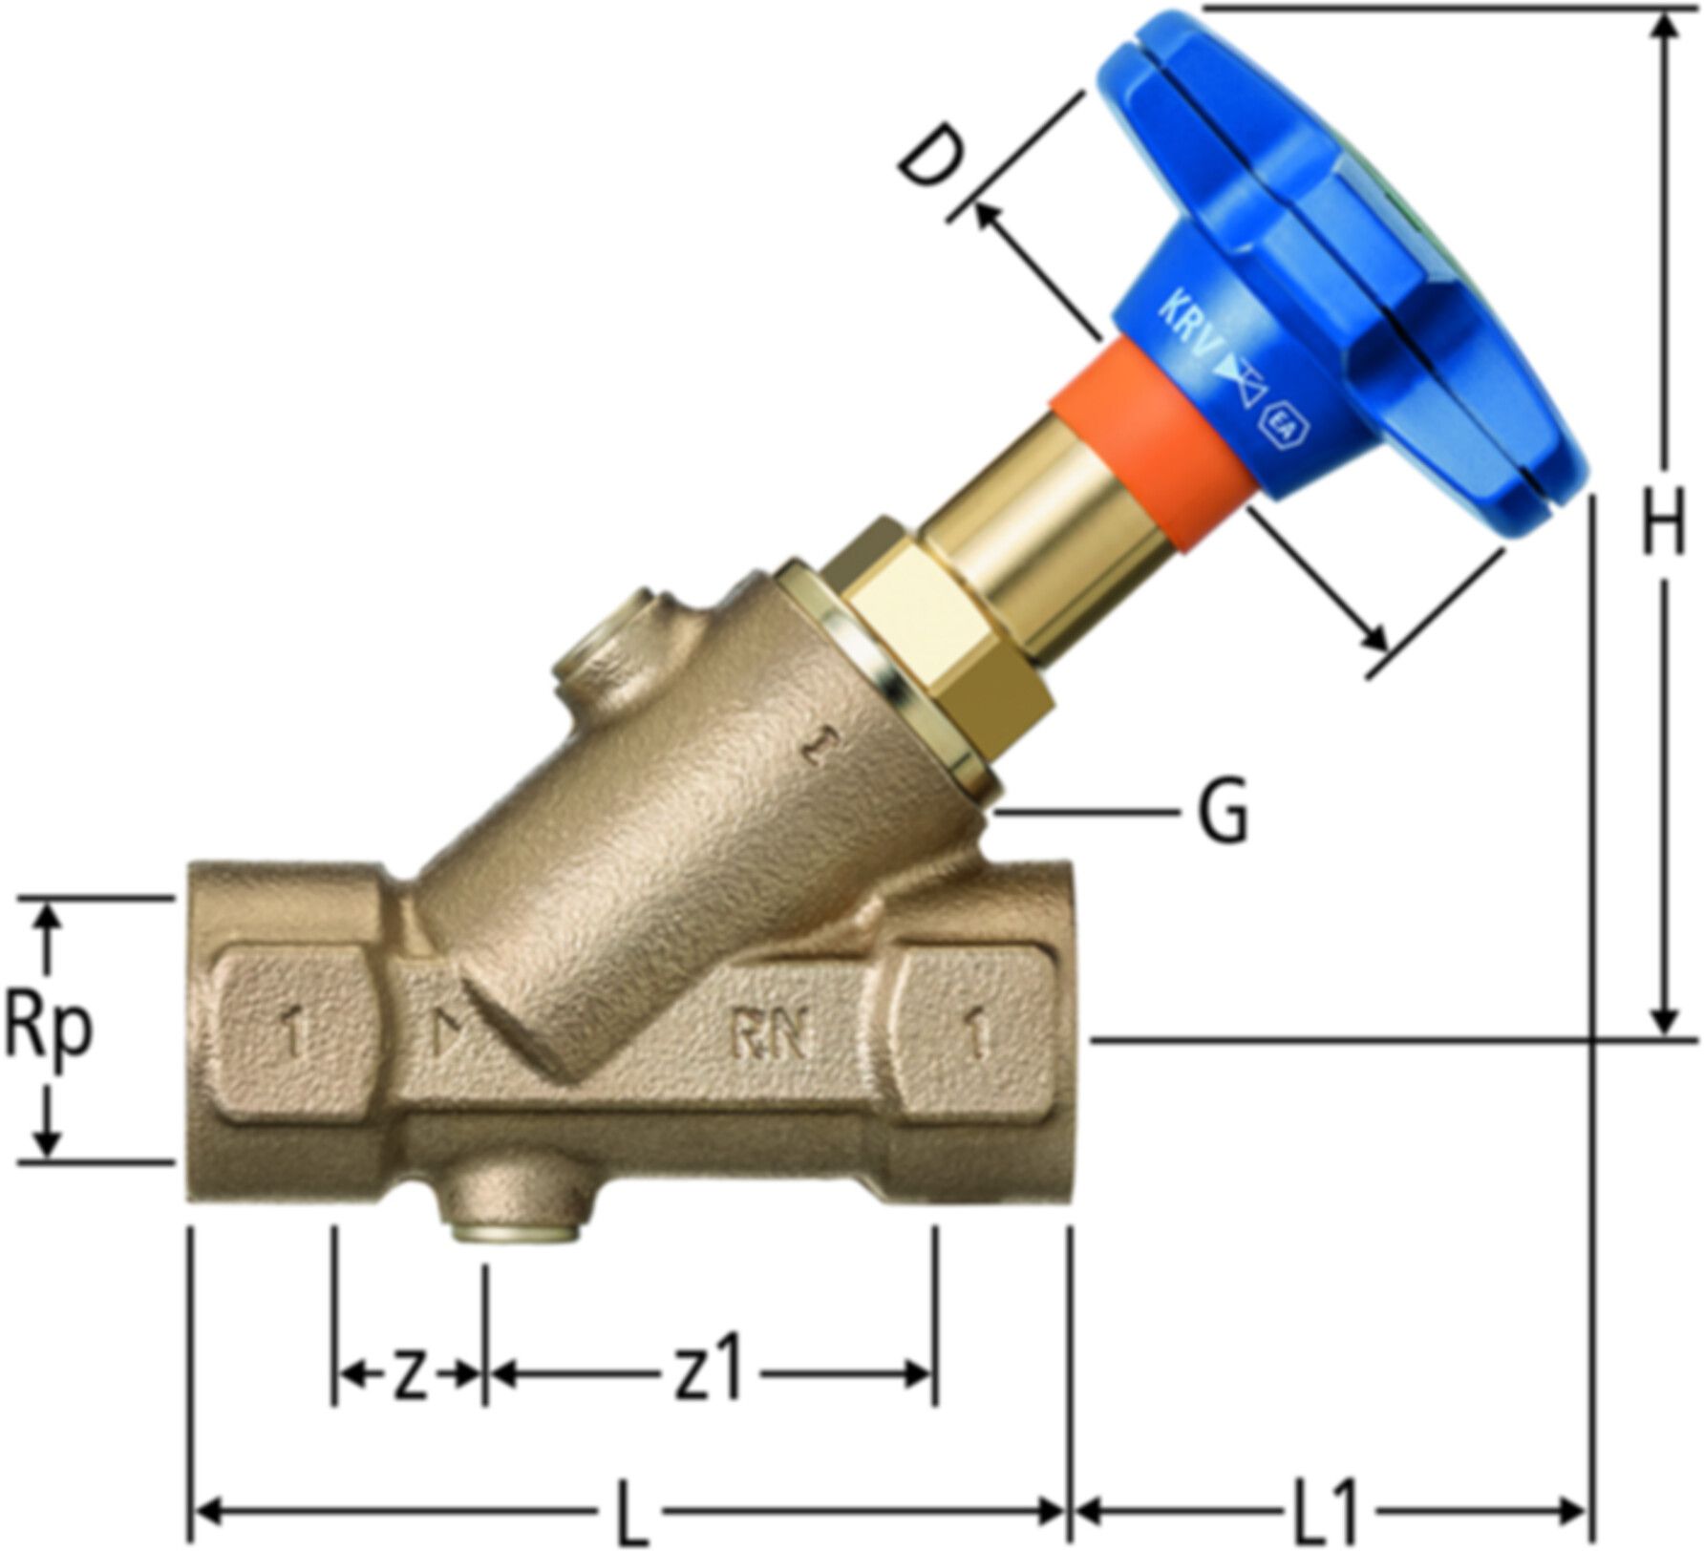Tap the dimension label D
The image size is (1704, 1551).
coord(925,163)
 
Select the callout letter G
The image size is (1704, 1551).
coord(1223,813)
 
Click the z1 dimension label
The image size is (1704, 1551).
coord(709,1375)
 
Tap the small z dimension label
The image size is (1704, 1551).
coord(410,1378)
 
